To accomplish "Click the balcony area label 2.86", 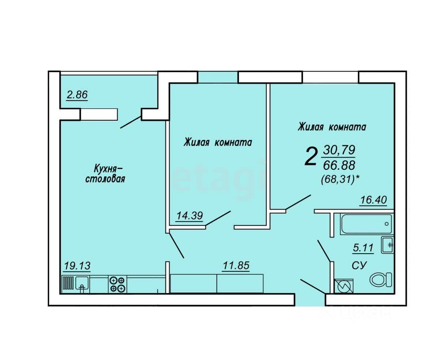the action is [77, 95].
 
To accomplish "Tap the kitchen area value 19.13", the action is [77, 266].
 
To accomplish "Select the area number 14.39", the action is [189, 215].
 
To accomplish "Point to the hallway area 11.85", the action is [236, 266].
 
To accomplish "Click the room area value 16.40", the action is [373, 200].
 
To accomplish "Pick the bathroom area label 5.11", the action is [363, 248].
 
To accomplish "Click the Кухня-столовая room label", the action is [105, 173].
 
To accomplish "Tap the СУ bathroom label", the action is [359, 266].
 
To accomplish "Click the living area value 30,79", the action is [339, 150].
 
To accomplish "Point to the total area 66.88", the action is [339, 165].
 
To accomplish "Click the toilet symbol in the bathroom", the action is [380, 280].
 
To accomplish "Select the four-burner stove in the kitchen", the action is [117, 284].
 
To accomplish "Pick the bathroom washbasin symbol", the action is [387, 245].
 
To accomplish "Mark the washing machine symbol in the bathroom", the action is [344, 286].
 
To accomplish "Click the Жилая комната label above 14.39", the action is [218, 143].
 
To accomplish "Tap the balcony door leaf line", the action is [131, 122].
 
